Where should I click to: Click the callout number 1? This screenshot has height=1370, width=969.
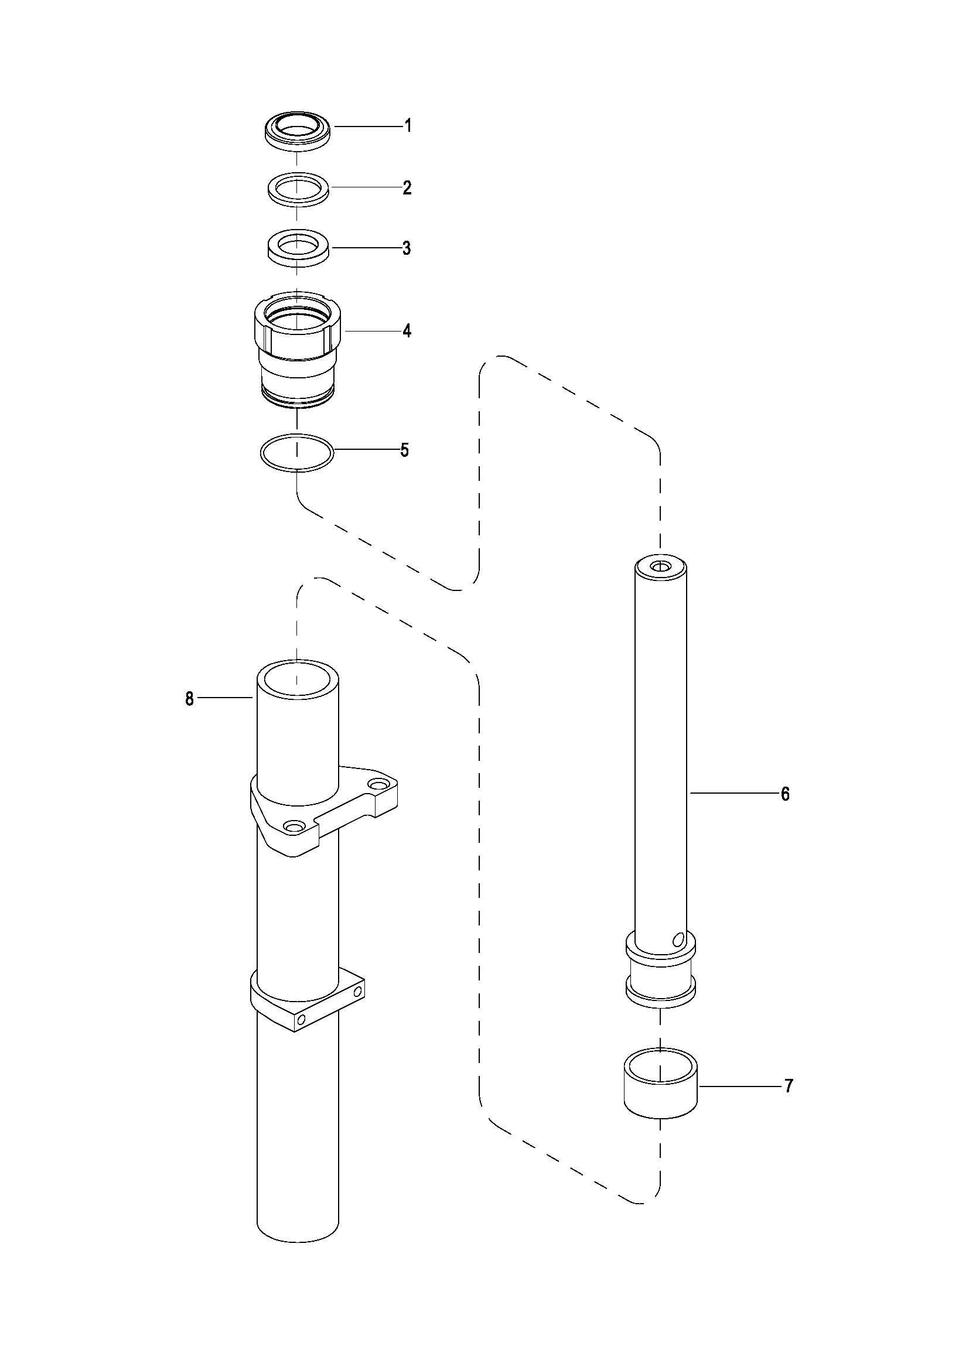[408, 126]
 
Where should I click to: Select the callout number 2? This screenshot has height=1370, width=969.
[407, 188]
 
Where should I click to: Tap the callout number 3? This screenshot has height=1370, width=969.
[407, 248]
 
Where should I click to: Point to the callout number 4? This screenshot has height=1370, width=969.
[407, 330]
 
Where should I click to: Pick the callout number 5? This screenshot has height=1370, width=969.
[405, 450]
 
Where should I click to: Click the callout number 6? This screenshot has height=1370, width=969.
[785, 794]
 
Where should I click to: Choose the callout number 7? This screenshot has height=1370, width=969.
[788, 1087]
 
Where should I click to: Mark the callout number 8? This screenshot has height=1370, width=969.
[189, 699]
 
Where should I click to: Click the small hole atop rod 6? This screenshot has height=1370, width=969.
[660, 566]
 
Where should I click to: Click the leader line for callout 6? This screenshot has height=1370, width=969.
[734, 793]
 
